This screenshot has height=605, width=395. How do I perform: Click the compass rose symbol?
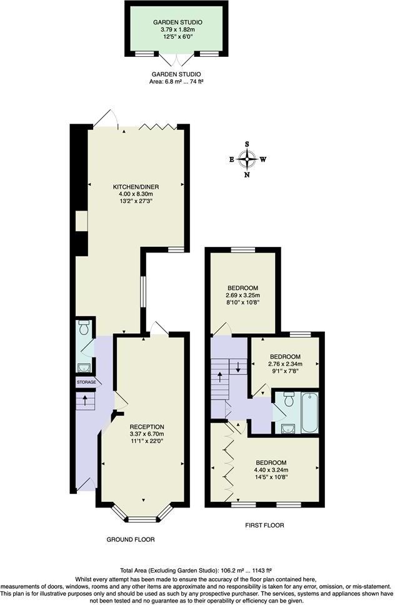coord(247,159)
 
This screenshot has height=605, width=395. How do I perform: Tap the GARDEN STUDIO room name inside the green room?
coord(177,22)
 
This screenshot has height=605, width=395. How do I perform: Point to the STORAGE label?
coord(86,382)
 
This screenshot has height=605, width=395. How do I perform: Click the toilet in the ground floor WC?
coord(86,328)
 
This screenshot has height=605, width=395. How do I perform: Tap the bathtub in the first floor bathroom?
coord(310,412)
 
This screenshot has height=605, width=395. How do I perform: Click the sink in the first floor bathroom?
coord(287,428)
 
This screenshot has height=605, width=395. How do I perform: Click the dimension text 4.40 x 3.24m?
coord(271,470)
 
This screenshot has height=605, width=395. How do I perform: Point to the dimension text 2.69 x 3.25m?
coord(242,296)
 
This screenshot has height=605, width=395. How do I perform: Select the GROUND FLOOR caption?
coord(131,539)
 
